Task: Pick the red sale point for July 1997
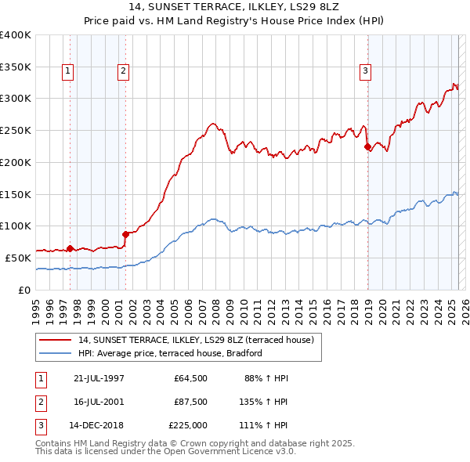tap(70, 248)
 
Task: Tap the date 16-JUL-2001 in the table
tap(96, 402)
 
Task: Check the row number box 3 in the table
tap(39, 425)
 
